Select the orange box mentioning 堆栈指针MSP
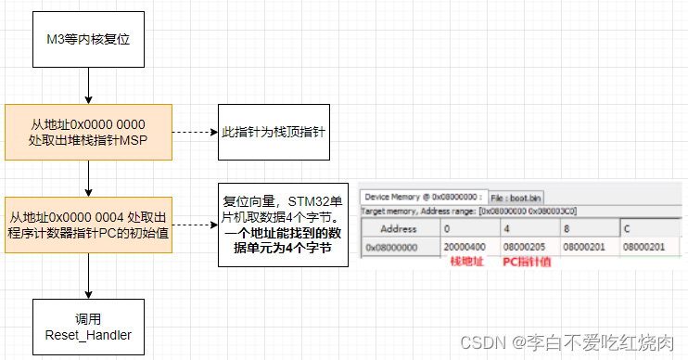point(87,132)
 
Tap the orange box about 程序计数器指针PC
point(87,225)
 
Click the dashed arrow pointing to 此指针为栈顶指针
point(194,132)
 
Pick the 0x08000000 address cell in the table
point(392,248)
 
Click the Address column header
point(399,227)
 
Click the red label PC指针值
point(527,263)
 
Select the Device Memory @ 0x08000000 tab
point(422,197)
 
